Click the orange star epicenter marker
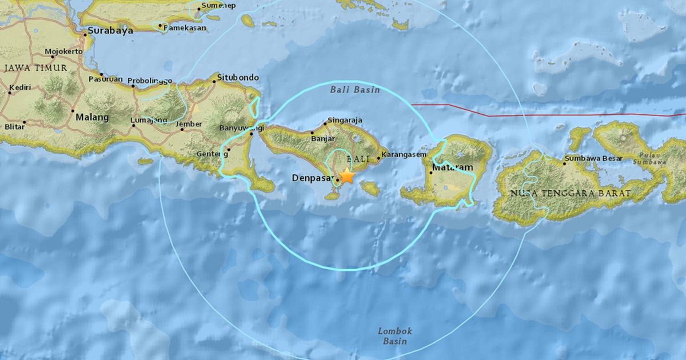click(x=346, y=176)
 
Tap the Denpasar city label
click(x=312, y=178)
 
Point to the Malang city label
click(x=91, y=117)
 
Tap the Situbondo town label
click(x=239, y=77)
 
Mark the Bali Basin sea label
click(x=349, y=90)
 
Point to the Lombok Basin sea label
click(x=394, y=336)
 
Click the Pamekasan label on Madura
click(x=185, y=27)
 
